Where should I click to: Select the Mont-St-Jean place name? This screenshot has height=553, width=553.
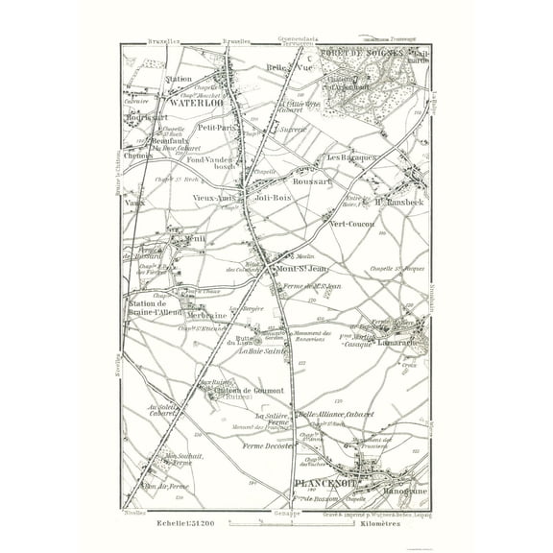(303, 268)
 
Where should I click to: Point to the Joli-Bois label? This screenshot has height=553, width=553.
(275, 198)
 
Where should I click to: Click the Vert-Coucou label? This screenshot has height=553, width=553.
(351, 223)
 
